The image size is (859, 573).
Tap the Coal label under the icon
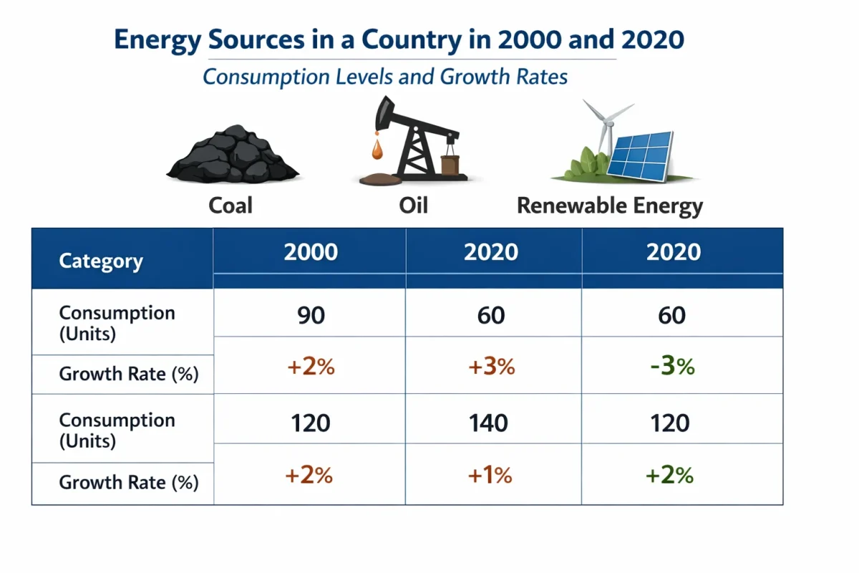coord(230,206)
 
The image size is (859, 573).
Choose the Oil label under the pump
coord(413,206)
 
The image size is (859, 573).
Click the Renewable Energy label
coord(610,206)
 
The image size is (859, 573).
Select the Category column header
coord(101,261)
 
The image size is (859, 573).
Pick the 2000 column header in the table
coord(311,252)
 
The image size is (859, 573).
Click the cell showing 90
coord(311,315)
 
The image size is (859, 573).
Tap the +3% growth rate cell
coord(491,366)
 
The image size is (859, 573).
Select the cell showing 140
coord(491,423)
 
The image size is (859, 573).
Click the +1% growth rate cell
coord(491,475)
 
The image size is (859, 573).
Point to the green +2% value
coord(670,475)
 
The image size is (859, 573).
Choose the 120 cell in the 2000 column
coord(311,423)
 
